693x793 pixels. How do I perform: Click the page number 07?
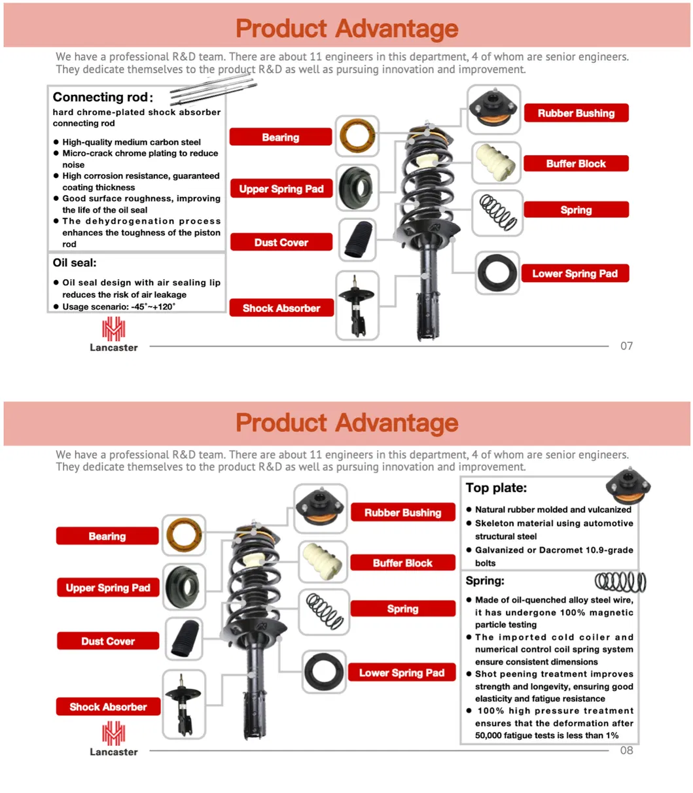tap(626, 346)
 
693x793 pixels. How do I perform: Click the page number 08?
tap(626, 750)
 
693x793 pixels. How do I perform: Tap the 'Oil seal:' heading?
tap(75, 263)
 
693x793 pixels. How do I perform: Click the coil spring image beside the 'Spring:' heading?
tap(620, 581)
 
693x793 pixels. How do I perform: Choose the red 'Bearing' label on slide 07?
tap(281, 137)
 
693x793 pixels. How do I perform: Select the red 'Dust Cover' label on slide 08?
tap(108, 641)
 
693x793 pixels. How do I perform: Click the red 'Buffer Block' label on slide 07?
tap(576, 164)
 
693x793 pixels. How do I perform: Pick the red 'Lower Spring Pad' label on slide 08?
tap(402, 673)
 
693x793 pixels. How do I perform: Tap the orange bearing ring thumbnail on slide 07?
tap(357, 136)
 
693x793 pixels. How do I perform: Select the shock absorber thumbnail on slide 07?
tap(357, 306)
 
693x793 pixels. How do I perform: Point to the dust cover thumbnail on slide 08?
tap(184, 639)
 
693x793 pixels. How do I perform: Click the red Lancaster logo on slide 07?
tap(113, 329)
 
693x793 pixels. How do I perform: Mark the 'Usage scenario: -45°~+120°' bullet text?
tap(119, 307)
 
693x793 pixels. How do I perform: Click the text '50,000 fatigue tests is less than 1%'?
tap(546, 735)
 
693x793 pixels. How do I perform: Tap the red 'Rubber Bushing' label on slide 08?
tap(402, 513)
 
